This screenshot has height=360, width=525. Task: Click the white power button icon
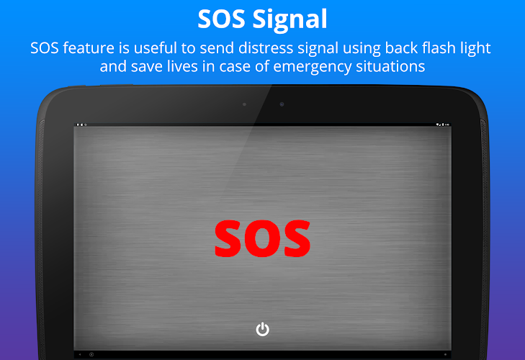(262, 329)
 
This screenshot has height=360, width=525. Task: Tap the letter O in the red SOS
(262, 238)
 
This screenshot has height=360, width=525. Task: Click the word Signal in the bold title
(290, 19)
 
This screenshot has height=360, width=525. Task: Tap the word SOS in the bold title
(221, 19)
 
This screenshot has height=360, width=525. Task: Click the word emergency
(313, 67)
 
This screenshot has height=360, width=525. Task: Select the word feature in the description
(89, 48)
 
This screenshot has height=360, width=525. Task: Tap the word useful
(156, 48)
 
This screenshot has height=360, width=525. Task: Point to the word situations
(390, 66)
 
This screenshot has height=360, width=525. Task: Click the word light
(476, 49)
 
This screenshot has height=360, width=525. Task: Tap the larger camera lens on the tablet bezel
(282, 104)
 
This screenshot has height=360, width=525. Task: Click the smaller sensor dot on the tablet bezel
(244, 104)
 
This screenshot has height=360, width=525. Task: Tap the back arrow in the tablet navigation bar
(80, 354)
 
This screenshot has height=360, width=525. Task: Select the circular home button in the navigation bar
(91, 354)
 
